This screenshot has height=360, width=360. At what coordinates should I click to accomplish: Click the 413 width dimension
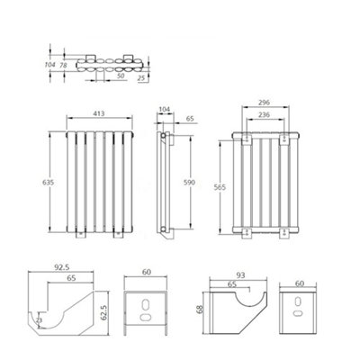point(99,113)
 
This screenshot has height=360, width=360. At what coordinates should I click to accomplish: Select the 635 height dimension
point(48,182)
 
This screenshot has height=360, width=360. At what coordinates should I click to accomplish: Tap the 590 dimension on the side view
point(189,183)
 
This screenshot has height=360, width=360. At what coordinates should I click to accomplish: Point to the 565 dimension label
point(220,187)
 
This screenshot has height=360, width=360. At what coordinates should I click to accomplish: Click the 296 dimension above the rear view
point(264,103)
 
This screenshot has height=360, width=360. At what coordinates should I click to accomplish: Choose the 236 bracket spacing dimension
point(264,114)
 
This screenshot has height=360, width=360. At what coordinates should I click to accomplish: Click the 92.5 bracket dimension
point(62,267)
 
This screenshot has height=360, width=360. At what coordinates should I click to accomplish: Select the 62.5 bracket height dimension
point(103,313)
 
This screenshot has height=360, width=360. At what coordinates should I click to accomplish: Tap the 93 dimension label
point(240,274)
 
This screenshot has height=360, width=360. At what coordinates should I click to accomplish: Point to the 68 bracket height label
point(201,309)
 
